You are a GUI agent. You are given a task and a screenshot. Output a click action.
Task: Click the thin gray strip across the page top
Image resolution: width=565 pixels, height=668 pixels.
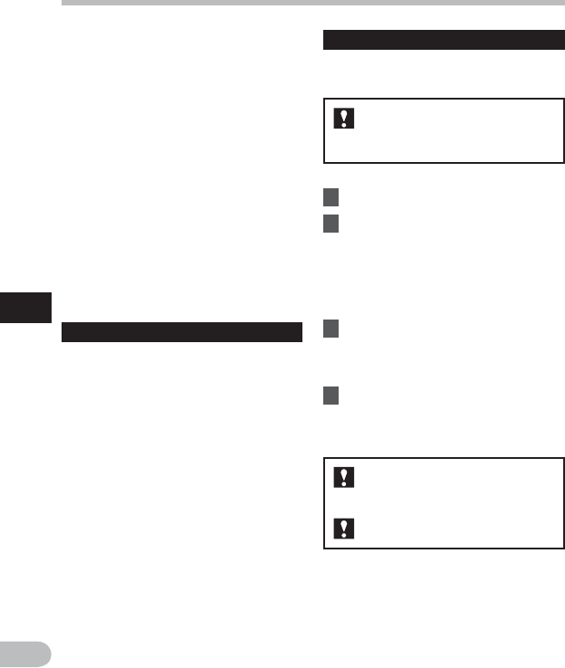312,3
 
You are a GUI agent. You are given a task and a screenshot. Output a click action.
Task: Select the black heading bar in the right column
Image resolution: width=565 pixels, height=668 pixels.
444,41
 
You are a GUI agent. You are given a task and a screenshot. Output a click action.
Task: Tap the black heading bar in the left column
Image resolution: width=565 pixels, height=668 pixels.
181,332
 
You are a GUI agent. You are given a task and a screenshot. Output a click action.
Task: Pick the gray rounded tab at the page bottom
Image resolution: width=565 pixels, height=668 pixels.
26,654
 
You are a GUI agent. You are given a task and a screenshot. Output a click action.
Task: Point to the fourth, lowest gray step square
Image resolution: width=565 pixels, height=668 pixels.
332,396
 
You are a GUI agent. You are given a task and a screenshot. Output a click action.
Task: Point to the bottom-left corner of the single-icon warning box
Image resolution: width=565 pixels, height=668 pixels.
324,163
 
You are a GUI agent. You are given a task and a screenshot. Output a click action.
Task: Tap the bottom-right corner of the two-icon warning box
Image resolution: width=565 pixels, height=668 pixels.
564,549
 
